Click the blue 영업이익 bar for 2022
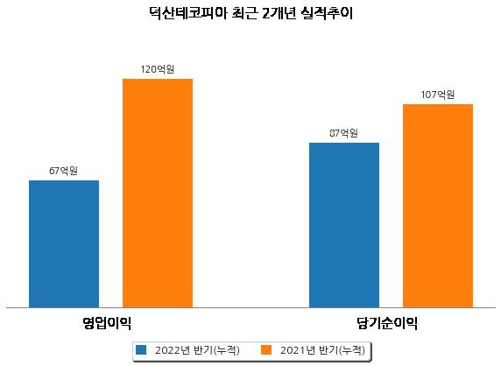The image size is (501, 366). (64, 244)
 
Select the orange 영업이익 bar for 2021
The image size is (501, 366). (158, 194)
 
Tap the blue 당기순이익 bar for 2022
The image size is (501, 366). (344, 225)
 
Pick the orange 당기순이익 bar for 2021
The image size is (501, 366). (438, 206)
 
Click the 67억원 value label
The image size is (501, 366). (63, 171)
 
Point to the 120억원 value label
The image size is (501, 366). (158, 69)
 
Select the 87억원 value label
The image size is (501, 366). (343, 133)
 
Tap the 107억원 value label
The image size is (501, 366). (438, 95)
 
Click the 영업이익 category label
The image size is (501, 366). (107, 323)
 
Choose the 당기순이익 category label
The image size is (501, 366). (387, 323)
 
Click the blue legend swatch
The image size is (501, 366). (141, 349)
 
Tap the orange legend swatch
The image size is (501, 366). (266, 349)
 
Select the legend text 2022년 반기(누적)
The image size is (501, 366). (197, 350)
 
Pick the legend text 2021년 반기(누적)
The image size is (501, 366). (322, 350)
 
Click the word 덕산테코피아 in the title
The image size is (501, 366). (187, 13)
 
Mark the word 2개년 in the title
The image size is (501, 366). (279, 13)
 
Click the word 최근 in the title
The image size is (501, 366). (244, 13)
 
